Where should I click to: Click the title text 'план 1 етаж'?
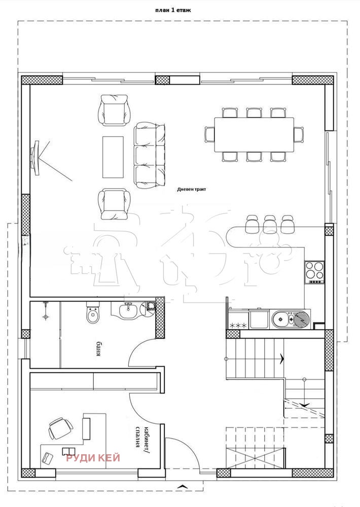pyautogui.click(x=173, y=10)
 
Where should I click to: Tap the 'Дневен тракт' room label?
pyautogui.click(x=192, y=189)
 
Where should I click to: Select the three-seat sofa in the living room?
pyautogui.click(x=150, y=155)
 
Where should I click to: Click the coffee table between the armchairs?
pyautogui.click(x=113, y=157)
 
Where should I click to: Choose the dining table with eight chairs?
pyautogui.click(x=254, y=134)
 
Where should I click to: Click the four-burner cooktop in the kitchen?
pyautogui.click(x=315, y=271)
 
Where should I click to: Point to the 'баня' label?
pyautogui.click(x=96, y=350)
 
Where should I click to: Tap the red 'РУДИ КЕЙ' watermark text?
pyautogui.click(x=93, y=458)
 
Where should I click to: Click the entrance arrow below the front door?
pyautogui.click(x=181, y=487)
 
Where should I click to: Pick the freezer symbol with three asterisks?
pyautogui.click(x=238, y=325)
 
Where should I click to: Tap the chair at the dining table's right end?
pyautogui.click(x=298, y=134)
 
